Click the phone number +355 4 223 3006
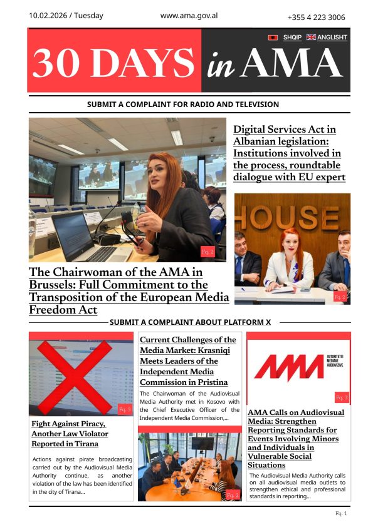(315, 17)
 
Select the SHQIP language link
(292, 38)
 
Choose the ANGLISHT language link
(332, 38)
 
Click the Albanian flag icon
(273, 38)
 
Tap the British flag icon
(311, 38)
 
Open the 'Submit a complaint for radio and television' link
(183, 105)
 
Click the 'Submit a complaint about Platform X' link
(190, 322)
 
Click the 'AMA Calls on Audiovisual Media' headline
(296, 439)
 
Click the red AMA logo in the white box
(290, 368)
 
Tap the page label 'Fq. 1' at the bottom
(341, 514)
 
